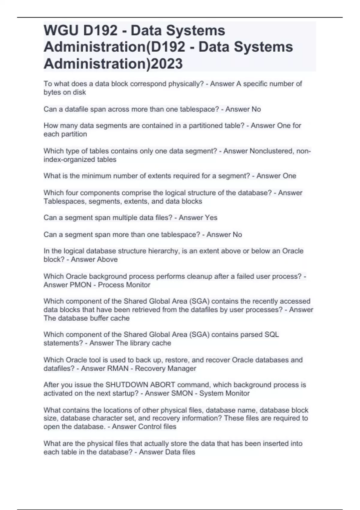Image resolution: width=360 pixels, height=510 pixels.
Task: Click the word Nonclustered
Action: [271, 151]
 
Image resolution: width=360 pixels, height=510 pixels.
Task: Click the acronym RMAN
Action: [117, 368]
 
